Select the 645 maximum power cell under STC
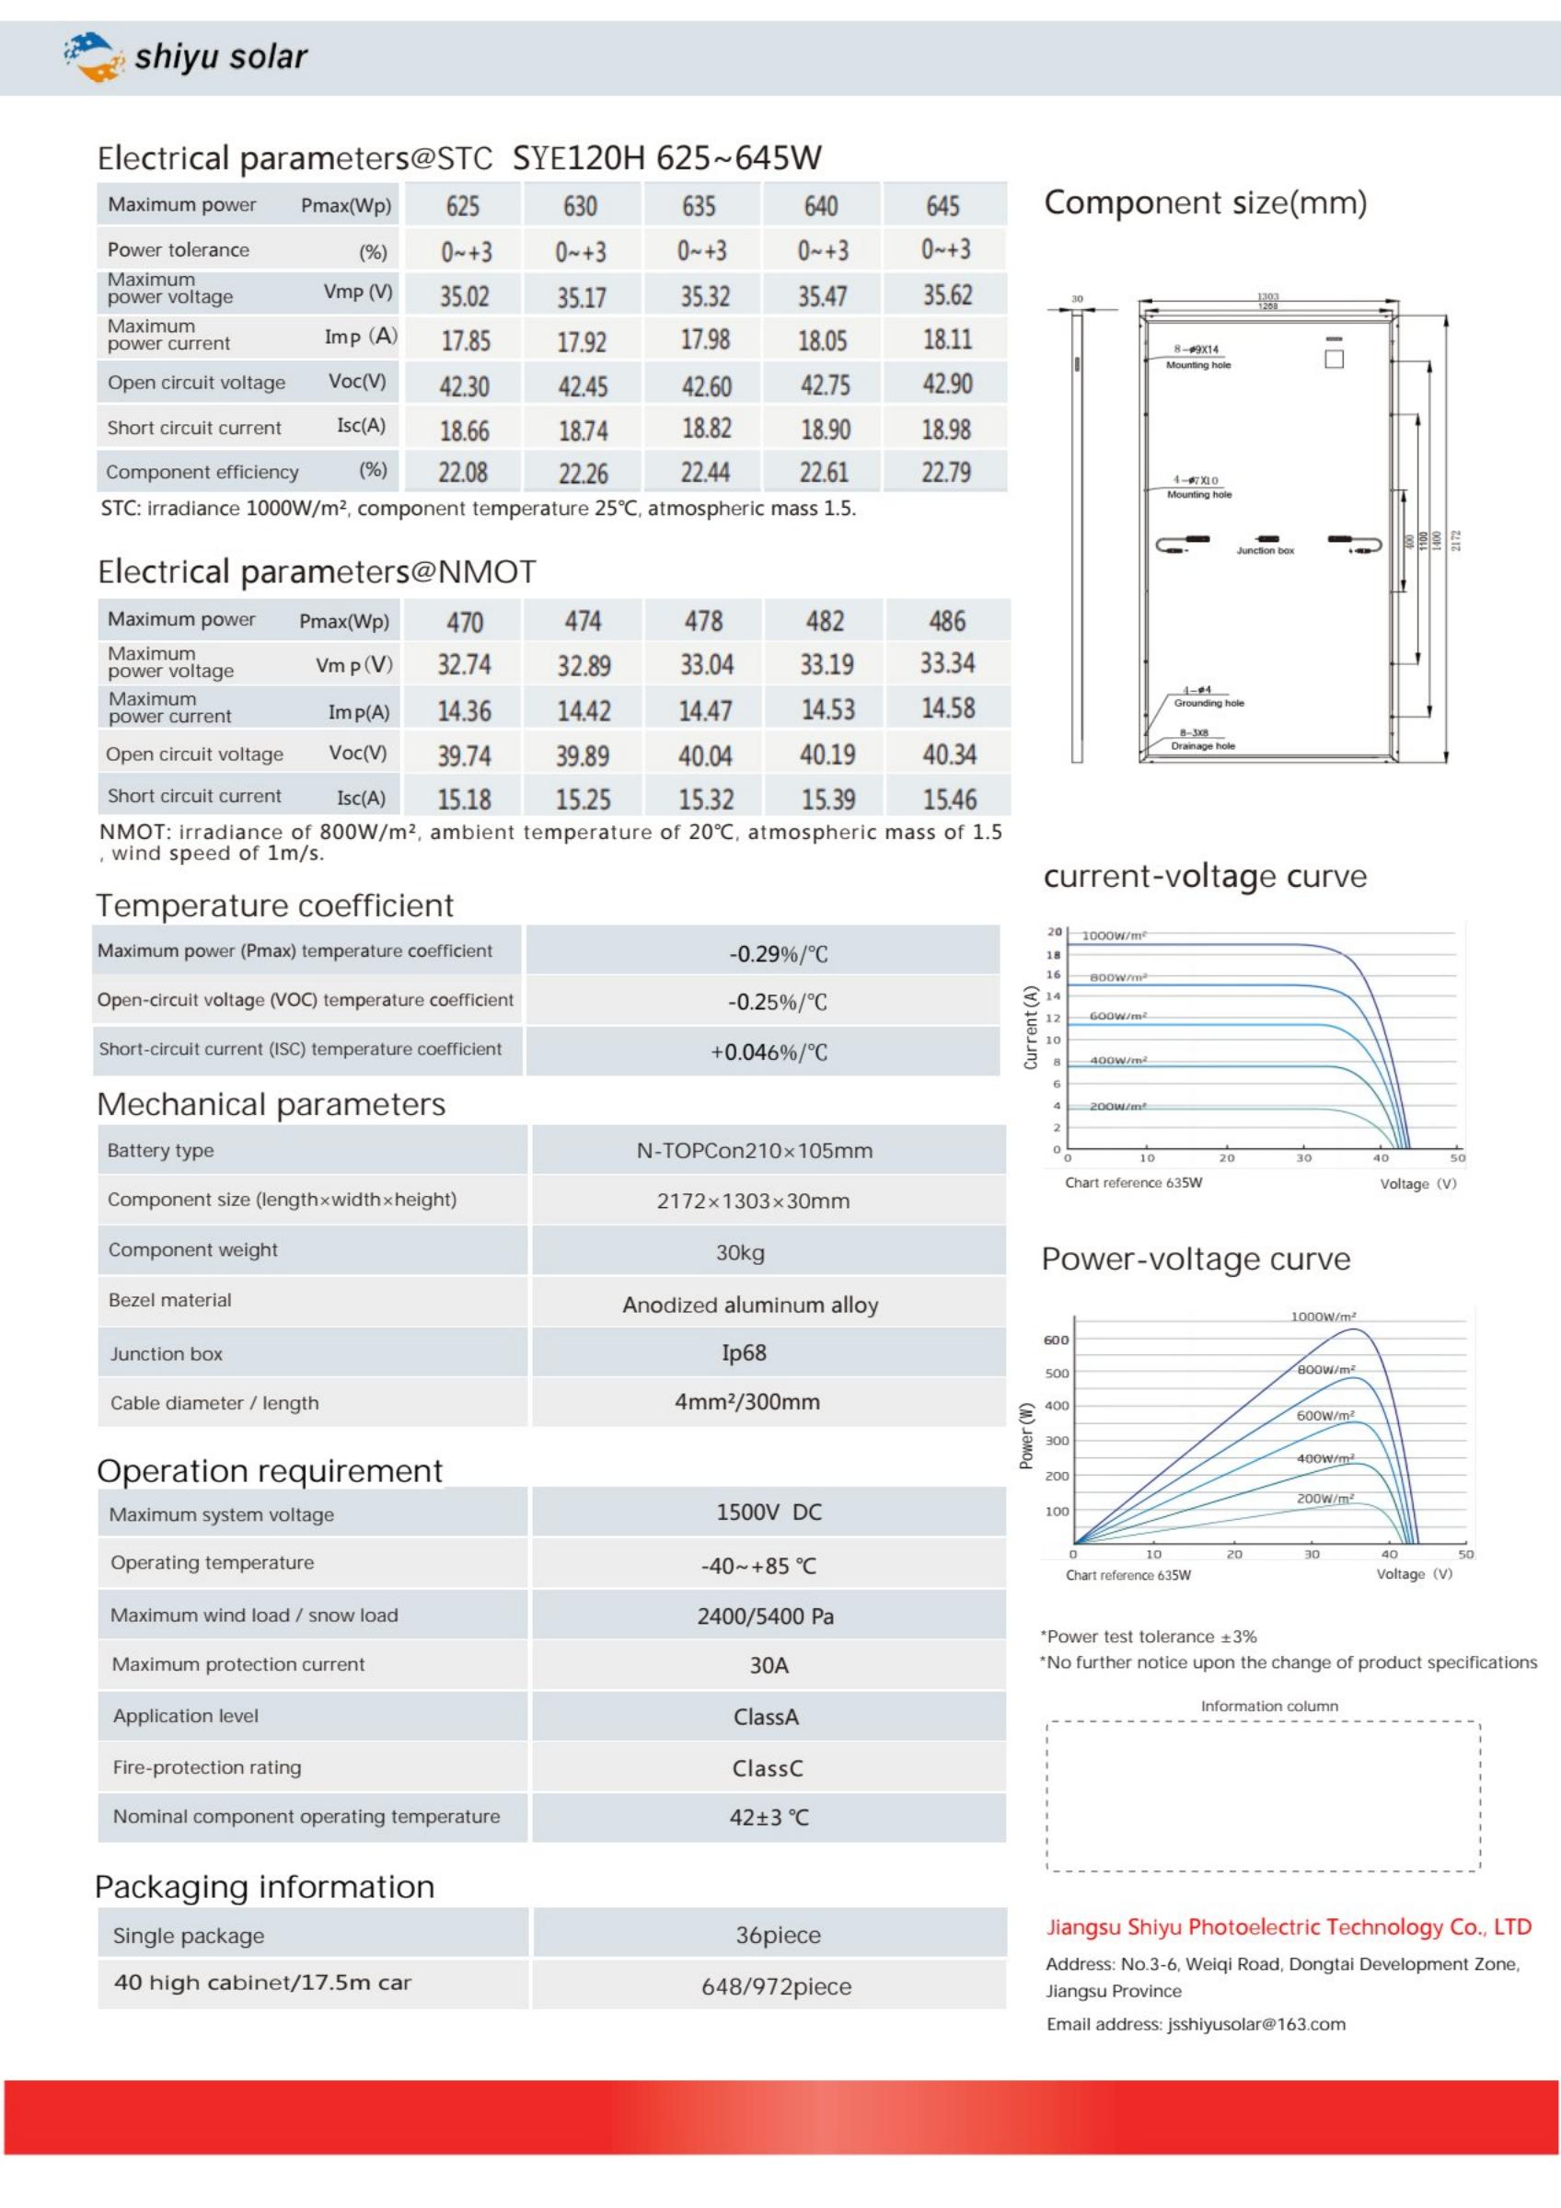942,206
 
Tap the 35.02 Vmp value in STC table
465,296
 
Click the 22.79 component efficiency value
946,472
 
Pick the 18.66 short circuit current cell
465,430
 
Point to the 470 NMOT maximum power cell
465,622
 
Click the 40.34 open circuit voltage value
949,755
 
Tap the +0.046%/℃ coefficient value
769,1052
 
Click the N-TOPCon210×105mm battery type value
754,1151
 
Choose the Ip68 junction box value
744,1353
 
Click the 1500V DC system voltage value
769,1512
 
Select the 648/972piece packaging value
775,1987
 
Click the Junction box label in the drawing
1265,551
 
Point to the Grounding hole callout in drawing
1208,703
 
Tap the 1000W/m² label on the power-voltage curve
1323,1317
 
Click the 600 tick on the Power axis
1055,1340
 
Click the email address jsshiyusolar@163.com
1255,2024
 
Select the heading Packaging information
264,1887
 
